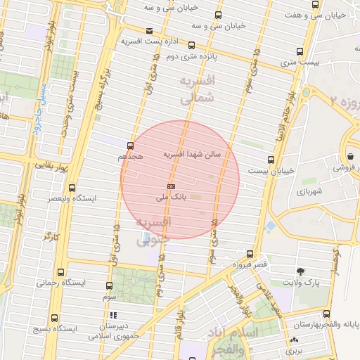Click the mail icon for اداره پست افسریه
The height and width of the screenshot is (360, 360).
(149, 30)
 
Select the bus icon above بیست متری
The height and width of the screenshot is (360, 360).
(300, 51)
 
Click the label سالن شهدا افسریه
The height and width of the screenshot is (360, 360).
(193, 153)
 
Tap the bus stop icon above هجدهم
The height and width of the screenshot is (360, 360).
(130, 146)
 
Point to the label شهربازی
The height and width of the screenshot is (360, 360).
(309, 191)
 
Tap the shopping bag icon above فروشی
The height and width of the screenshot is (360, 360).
(350, 157)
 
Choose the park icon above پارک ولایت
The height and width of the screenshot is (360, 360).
(301, 271)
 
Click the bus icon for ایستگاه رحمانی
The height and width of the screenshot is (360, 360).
(60, 273)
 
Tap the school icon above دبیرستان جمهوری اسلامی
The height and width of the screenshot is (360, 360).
(112, 316)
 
